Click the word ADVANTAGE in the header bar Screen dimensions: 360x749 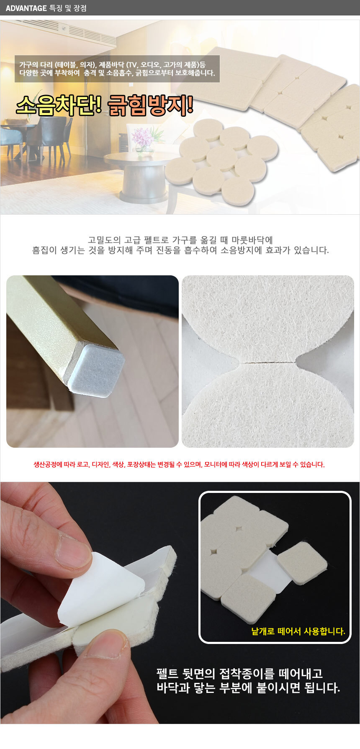(x=26, y=8)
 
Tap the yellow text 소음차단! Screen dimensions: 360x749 (x=59, y=105)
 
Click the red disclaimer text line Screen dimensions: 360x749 (x=179, y=464)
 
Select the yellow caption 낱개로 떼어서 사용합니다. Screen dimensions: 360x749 (x=298, y=631)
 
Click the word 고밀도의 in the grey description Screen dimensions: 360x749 (x=104, y=240)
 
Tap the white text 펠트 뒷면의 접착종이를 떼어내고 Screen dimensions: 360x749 (x=239, y=674)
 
